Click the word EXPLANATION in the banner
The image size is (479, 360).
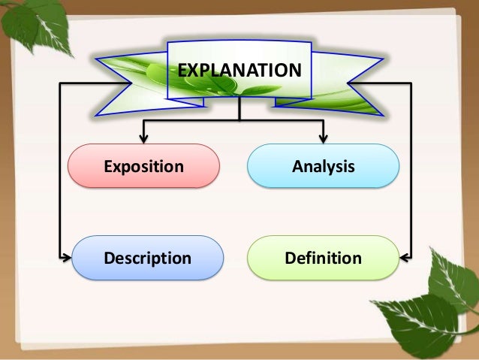[239, 71]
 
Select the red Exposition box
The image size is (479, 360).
[143, 165]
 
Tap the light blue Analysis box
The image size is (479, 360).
[323, 165]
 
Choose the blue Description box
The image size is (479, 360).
[147, 258]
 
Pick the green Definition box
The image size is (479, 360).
[323, 258]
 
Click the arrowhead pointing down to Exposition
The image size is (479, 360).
[143, 137]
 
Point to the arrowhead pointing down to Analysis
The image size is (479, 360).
[324, 137]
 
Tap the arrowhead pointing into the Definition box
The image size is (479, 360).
[405, 258]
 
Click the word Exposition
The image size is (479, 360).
[143, 166]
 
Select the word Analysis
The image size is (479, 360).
[324, 166]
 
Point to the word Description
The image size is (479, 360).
[147, 259]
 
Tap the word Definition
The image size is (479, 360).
[323, 259]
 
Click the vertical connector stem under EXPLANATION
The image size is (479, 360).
[239, 110]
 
